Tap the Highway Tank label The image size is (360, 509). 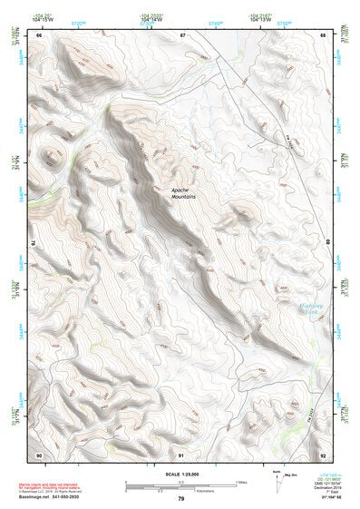coord(314,311)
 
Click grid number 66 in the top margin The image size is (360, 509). coord(39,34)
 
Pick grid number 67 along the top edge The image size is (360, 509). coord(181,34)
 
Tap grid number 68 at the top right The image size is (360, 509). coord(323,34)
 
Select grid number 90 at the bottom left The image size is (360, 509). coord(39,454)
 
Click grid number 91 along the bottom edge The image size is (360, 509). coord(181,454)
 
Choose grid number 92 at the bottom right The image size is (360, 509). coord(323,454)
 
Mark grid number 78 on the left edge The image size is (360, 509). coord(33,243)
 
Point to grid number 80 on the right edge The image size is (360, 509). coord(328,243)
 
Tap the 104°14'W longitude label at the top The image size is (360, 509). coord(151,20)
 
